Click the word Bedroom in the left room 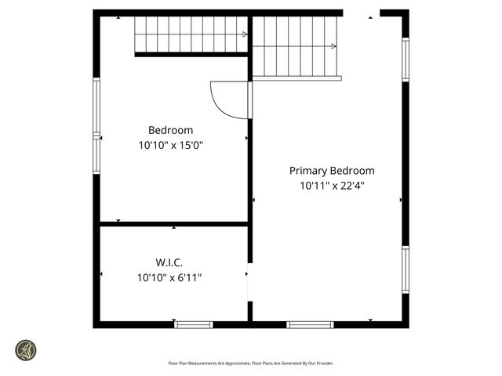pyautogui.click(x=170, y=130)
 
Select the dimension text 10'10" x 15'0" pyautogui.click(x=170, y=145)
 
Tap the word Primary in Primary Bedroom pyautogui.click(x=308, y=171)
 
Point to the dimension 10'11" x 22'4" pyautogui.click(x=332, y=186)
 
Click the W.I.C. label pyautogui.click(x=170, y=262)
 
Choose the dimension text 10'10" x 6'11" pyautogui.click(x=170, y=277)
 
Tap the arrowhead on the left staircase pyautogui.click(x=245, y=34)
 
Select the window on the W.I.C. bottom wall pyautogui.click(x=194, y=324)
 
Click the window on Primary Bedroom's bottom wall pyautogui.click(x=310, y=324)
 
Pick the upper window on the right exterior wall pyautogui.click(x=406, y=60)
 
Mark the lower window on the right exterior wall pyautogui.click(x=406, y=270)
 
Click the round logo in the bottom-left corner pyautogui.click(x=27, y=350)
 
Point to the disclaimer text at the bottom pyautogui.click(x=251, y=363)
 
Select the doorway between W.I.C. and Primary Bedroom pyautogui.click(x=249, y=283)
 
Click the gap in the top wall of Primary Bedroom pyautogui.click(x=361, y=13)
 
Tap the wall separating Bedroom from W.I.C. pyautogui.click(x=173, y=224)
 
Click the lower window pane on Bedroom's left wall pyautogui.click(x=96, y=155)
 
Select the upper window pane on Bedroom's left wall pyautogui.click(x=96, y=106)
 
